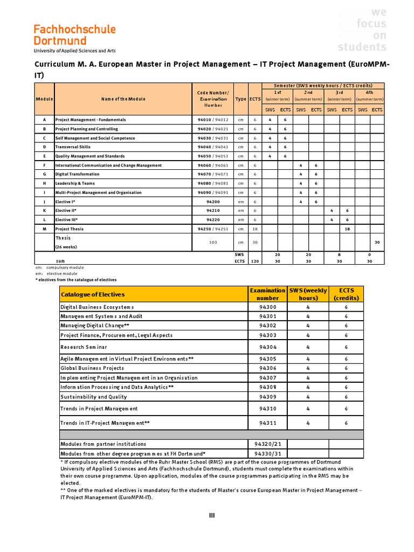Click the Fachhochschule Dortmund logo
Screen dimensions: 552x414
click(x=74, y=38)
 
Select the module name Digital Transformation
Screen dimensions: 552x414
click(x=78, y=174)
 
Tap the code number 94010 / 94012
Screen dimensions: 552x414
click(x=213, y=120)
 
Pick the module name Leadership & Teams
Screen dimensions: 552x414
click(x=76, y=183)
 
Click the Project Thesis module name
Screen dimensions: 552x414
click(x=70, y=229)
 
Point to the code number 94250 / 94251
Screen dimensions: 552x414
click(x=213, y=229)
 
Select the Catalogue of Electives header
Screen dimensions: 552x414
click(x=93, y=294)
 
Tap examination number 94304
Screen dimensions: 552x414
click(x=267, y=347)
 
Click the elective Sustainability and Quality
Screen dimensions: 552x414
click(x=94, y=397)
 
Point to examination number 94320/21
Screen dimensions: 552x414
click(x=267, y=444)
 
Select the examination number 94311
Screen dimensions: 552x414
click(x=267, y=423)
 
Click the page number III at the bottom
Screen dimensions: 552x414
click(x=212, y=516)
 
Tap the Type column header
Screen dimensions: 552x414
click(x=240, y=99)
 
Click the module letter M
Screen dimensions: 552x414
click(x=45, y=229)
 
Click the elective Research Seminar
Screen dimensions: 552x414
click(x=84, y=347)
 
